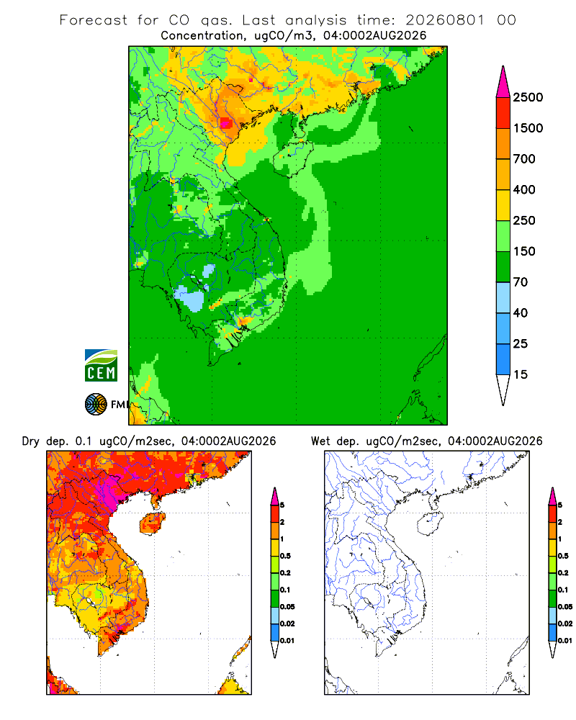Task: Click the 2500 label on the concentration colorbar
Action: (528, 97)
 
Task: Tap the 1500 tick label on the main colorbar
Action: (528, 128)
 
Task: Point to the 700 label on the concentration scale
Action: (524, 159)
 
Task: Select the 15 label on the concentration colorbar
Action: (521, 374)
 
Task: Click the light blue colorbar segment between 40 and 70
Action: (503, 297)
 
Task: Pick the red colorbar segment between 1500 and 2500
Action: (503, 113)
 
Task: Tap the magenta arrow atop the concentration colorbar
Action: (503, 83)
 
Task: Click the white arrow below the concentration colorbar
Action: (503, 390)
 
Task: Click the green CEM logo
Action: (101, 366)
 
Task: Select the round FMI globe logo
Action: (96, 405)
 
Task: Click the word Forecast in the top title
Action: (94, 20)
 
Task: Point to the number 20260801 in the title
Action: (445, 20)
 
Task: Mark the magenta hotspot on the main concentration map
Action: (225, 123)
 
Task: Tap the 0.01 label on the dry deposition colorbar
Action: (287, 641)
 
